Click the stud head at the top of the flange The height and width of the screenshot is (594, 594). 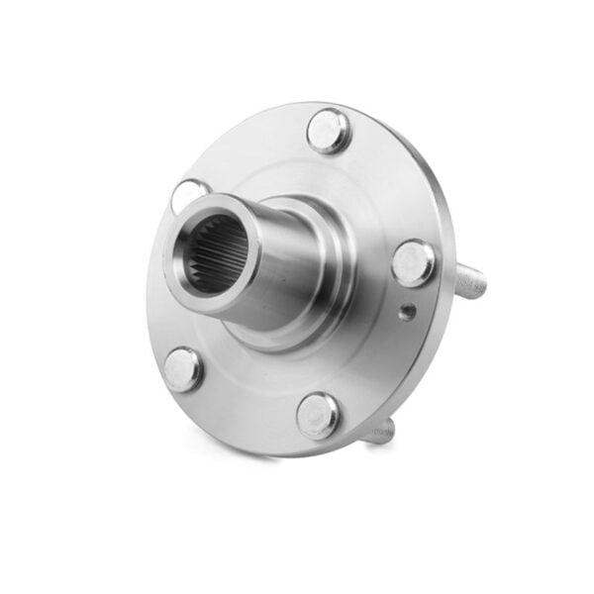click(328, 130)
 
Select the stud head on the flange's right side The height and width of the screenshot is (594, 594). click(413, 263)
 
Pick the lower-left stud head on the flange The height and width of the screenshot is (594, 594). click(183, 368)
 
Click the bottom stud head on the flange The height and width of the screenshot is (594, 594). click(318, 415)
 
